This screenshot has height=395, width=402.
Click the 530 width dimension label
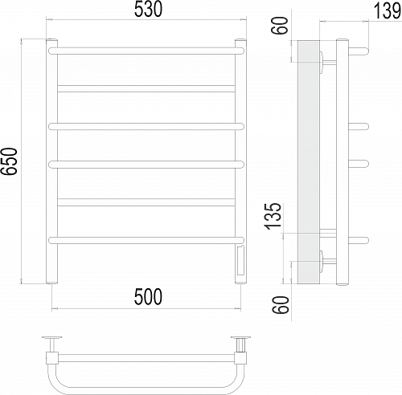(x=148, y=10)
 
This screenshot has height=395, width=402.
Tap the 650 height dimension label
(x=10, y=161)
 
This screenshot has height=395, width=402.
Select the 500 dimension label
(x=148, y=297)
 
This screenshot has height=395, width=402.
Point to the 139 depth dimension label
(x=387, y=11)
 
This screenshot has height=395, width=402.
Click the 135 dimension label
(x=273, y=216)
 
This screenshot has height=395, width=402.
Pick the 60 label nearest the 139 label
(x=280, y=26)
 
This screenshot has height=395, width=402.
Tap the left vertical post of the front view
(x=51, y=161)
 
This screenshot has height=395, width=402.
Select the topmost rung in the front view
(x=146, y=51)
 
